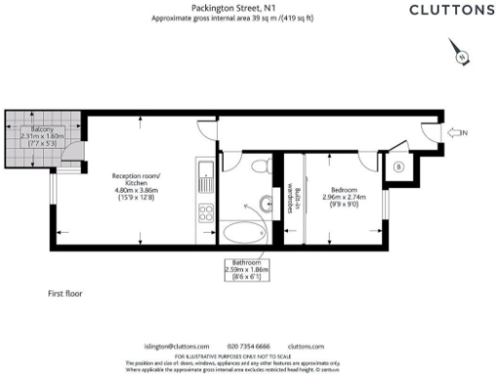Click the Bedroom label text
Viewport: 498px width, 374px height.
pyautogui.click(x=345, y=193)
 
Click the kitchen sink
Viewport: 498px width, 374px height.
pyautogui.click(x=205, y=176)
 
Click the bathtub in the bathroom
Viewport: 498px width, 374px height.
pyautogui.click(x=242, y=234)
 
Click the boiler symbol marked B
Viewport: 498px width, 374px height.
pyautogui.click(x=399, y=167)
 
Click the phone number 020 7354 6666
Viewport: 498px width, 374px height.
pyautogui.click(x=248, y=346)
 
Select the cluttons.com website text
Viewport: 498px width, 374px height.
pyautogui.click(x=305, y=346)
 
